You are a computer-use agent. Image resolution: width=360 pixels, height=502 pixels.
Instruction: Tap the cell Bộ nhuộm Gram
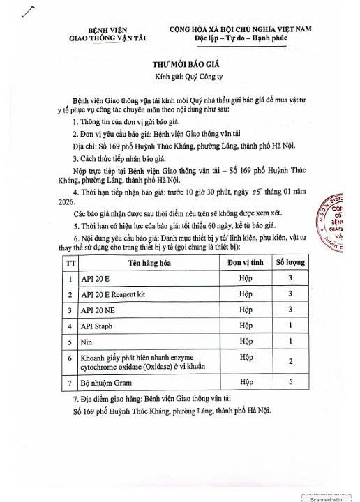click(112, 382)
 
